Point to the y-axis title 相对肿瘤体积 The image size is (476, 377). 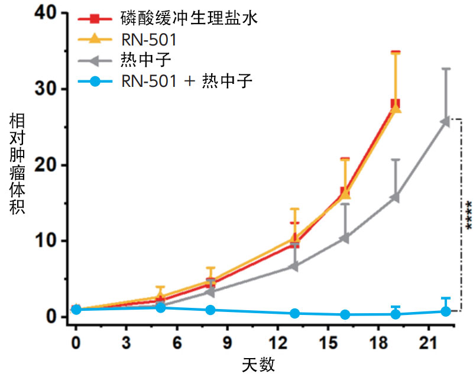click(x=17, y=164)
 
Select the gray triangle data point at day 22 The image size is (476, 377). click(x=445, y=121)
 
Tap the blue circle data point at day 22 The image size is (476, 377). click(x=446, y=311)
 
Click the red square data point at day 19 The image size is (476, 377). click(x=396, y=104)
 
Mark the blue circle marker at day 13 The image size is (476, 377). click(x=294, y=313)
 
